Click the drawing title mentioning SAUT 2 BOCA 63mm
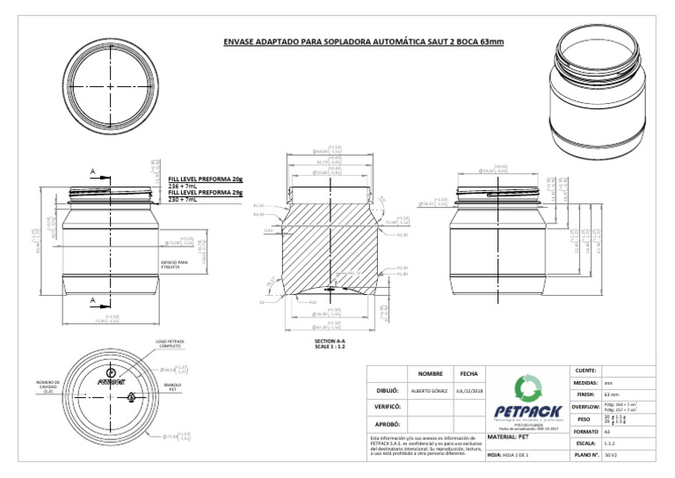[x=359, y=41]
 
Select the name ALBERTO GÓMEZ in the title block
[x=430, y=389]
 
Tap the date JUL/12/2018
[x=467, y=389]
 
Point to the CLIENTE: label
[x=584, y=371]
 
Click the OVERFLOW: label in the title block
[x=584, y=408]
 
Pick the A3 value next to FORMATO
[x=607, y=431]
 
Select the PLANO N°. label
[x=584, y=455]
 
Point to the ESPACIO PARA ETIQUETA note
[x=175, y=263]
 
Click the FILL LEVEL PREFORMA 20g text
[x=205, y=180]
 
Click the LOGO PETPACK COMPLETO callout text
[x=168, y=343]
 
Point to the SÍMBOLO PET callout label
[x=173, y=387]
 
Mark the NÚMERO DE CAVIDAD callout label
[x=48, y=387]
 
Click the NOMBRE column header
[x=430, y=373]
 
